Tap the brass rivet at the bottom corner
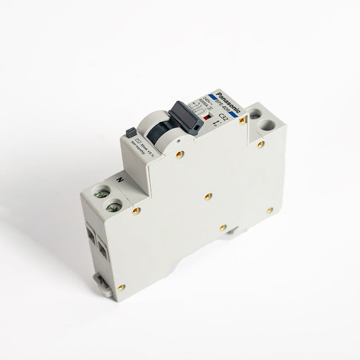point(121,287)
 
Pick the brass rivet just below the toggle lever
point(179,154)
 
